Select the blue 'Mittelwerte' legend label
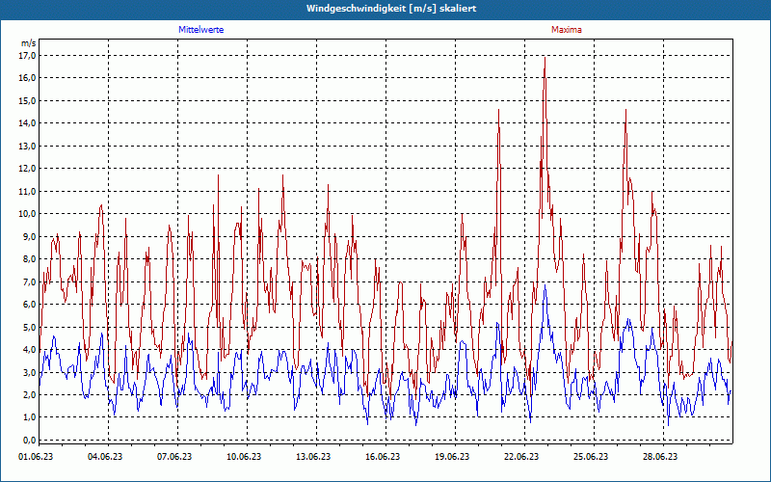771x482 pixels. pyautogui.click(x=201, y=30)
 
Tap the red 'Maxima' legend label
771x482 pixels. pyautogui.click(x=567, y=30)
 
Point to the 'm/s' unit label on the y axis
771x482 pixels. pyautogui.click(x=28, y=43)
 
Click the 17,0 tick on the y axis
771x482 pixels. pyautogui.click(x=27, y=55)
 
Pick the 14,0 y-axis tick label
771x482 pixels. pyautogui.click(x=27, y=123)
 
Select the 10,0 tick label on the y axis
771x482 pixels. pyautogui.click(x=27, y=191)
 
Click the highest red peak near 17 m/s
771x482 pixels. pyautogui.click(x=545, y=58)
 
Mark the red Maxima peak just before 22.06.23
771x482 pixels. pyautogui.click(x=499, y=111)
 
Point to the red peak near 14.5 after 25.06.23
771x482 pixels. pyautogui.click(x=625, y=111)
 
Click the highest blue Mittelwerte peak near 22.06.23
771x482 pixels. pyautogui.click(x=545, y=286)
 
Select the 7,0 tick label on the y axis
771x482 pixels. pyautogui.click(x=27, y=281)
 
